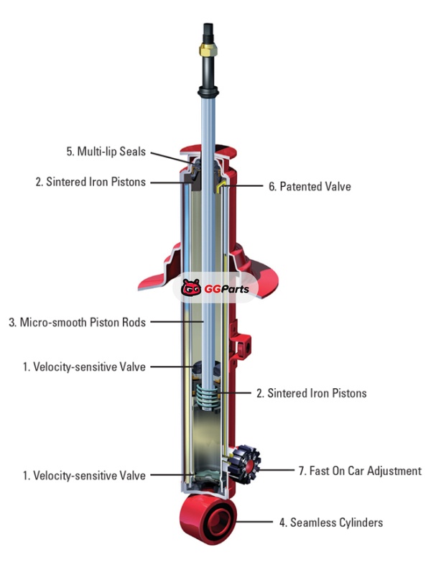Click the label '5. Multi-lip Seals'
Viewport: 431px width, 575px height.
click(106, 152)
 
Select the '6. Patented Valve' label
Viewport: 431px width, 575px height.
click(310, 186)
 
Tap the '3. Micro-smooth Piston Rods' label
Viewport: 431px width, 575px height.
click(78, 322)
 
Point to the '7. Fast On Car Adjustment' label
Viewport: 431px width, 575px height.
click(360, 471)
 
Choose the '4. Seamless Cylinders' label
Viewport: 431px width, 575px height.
click(331, 523)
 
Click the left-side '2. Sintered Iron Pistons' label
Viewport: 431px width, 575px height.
click(91, 182)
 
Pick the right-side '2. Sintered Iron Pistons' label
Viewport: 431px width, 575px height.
click(312, 393)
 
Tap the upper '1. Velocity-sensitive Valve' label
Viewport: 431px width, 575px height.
click(84, 367)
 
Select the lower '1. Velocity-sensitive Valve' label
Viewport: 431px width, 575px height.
click(84, 476)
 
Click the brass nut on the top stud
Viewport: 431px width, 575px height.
click(208, 50)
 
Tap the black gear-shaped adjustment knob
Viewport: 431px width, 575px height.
click(245, 464)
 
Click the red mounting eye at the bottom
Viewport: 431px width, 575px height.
click(208, 518)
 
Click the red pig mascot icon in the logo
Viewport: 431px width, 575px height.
click(191, 288)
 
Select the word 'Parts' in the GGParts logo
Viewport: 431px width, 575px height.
click(236, 289)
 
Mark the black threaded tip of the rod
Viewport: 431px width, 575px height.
click(208, 33)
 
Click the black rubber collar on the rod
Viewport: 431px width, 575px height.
click(208, 92)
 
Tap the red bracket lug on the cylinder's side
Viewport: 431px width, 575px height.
click(241, 342)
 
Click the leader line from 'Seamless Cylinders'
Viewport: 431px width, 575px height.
click(255, 522)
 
